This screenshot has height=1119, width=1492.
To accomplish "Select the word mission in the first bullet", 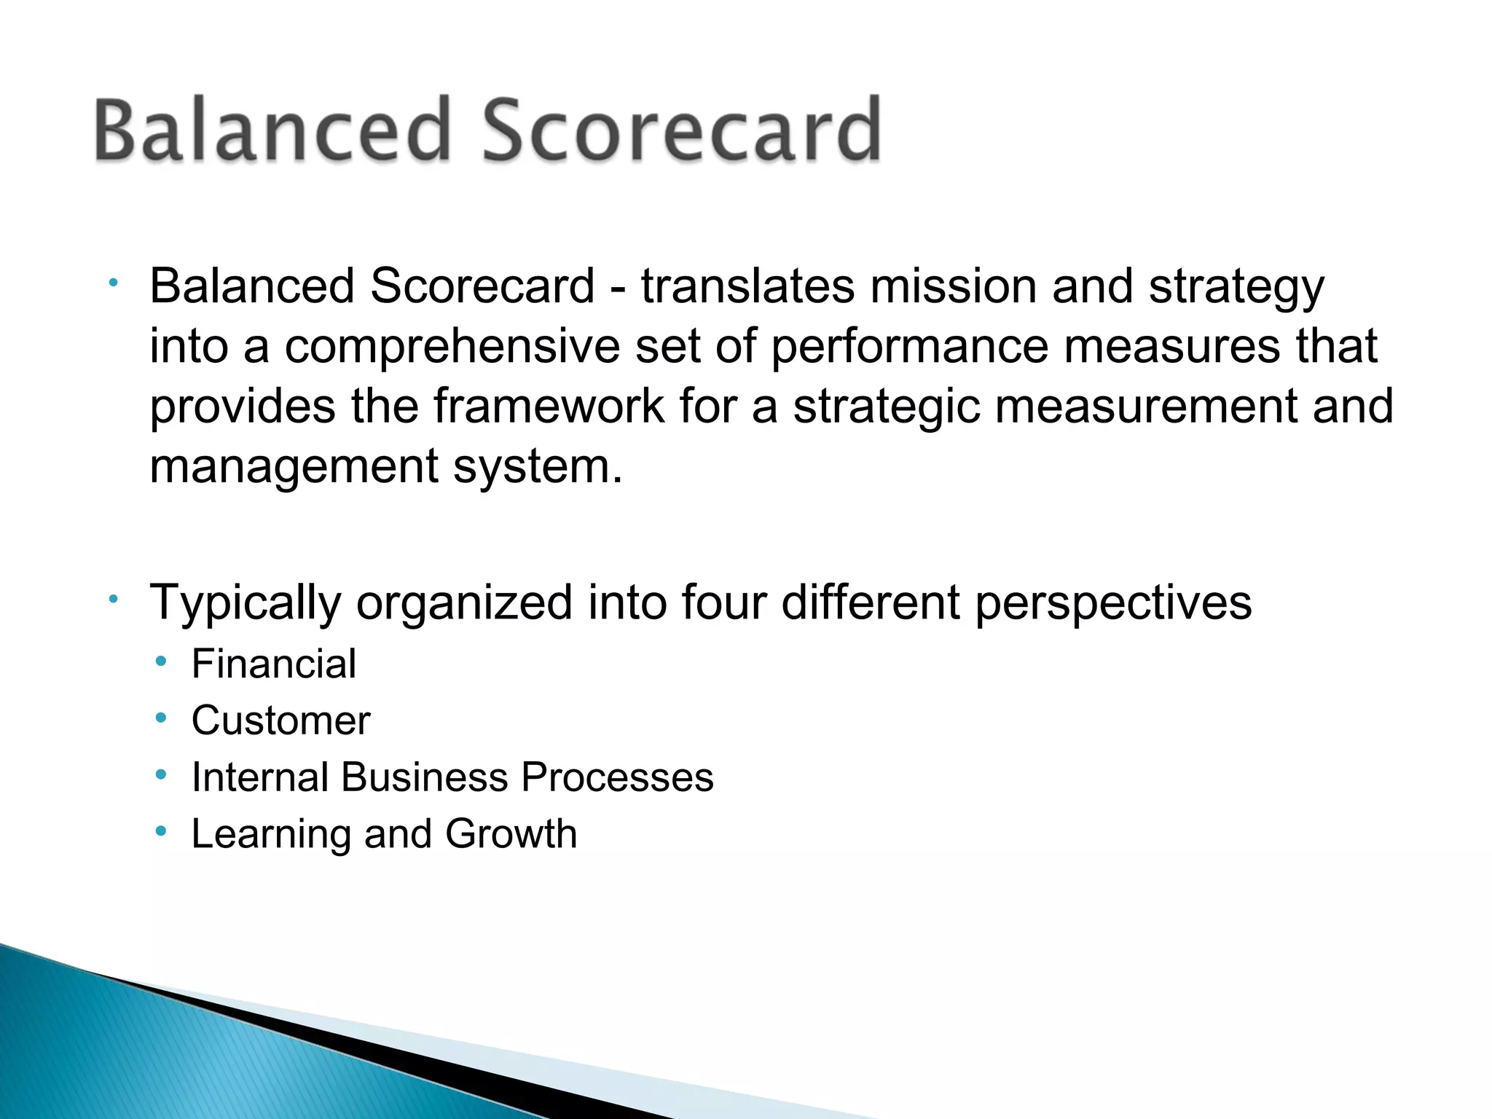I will (x=954, y=286).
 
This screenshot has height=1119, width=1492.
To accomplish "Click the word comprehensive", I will (x=452, y=347).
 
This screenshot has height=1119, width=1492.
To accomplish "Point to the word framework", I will (x=549, y=406).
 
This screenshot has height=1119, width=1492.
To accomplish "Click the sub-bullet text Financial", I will (x=273, y=664).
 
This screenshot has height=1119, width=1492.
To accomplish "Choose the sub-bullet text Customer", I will (x=280, y=721).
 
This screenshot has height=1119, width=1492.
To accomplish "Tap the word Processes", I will (x=617, y=777).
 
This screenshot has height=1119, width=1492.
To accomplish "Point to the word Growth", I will (x=511, y=833).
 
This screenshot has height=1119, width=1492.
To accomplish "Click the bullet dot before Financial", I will (x=161, y=661).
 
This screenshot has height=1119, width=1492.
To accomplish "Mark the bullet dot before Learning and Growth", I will (x=161, y=831).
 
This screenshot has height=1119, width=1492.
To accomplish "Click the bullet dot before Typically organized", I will (x=113, y=600).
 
